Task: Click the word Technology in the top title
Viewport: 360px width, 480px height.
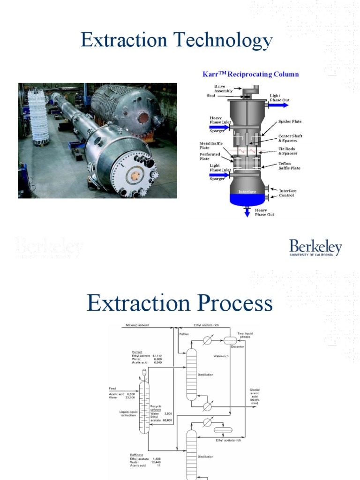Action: [223, 41]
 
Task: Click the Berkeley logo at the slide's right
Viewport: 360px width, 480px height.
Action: [315, 247]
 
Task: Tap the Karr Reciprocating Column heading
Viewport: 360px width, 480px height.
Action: [250, 74]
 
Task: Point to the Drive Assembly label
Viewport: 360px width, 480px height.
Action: [223, 89]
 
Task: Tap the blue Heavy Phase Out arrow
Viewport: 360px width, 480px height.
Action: [247, 212]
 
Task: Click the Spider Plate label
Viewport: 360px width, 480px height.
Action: [290, 121]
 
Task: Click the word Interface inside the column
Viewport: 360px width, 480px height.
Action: [247, 192]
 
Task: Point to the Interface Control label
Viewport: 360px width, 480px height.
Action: [287, 193]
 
